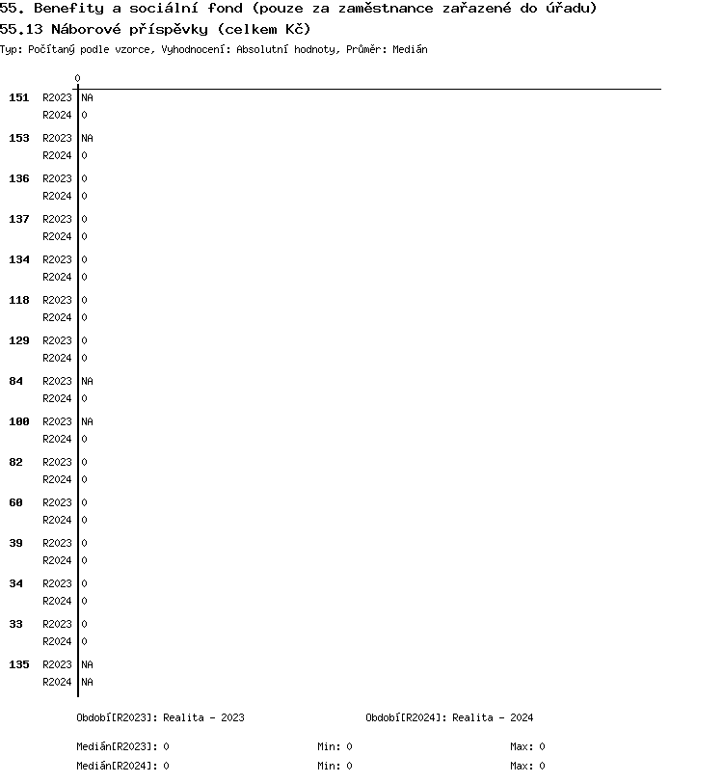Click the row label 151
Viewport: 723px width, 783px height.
coord(19,97)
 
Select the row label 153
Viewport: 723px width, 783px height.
coord(19,138)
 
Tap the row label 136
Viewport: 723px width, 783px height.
coord(19,178)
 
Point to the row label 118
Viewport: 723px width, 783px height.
coord(19,300)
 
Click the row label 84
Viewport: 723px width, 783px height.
coord(16,381)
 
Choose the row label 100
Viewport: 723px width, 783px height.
coord(19,421)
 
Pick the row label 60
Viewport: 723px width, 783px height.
coord(16,502)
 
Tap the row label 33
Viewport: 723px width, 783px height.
coord(16,624)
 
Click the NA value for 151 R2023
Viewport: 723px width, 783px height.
coord(87,97)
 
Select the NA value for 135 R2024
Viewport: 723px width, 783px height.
coord(87,682)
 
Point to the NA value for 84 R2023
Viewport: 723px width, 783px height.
coord(87,381)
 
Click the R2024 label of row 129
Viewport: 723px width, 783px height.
coord(57,358)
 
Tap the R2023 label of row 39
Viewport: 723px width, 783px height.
coord(57,543)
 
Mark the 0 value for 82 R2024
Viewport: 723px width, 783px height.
coord(84,479)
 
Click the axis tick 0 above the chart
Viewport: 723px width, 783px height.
coord(78,78)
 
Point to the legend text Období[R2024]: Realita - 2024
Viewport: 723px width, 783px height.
coord(449,717)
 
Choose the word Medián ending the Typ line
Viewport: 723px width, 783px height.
coord(410,49)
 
